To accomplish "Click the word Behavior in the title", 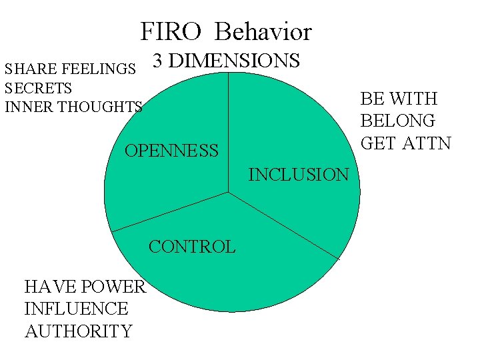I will click(x=264, y=31).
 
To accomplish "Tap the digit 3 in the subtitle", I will click(x=158, y=61).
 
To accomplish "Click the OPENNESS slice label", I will click(x=171, y=151).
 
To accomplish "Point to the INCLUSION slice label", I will click(x=298, y=175).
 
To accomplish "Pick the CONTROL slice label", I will click(x=192, y=247).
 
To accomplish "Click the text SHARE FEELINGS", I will click(x=71, y=69).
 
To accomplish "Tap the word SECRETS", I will click(x=38, y=87).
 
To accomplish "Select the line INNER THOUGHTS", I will click(x=73, y=107).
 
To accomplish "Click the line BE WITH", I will click(x=399, y=99).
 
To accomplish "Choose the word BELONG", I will click(x=397, y=121).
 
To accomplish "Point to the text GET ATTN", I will click(x=405, y=143).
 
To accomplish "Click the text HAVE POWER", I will click(x=85, y=287).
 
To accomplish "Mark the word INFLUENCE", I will click(x=76, y=309).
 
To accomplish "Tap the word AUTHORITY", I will click(x=78, y=331).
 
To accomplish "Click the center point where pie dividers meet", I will click(x=228, y=192).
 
